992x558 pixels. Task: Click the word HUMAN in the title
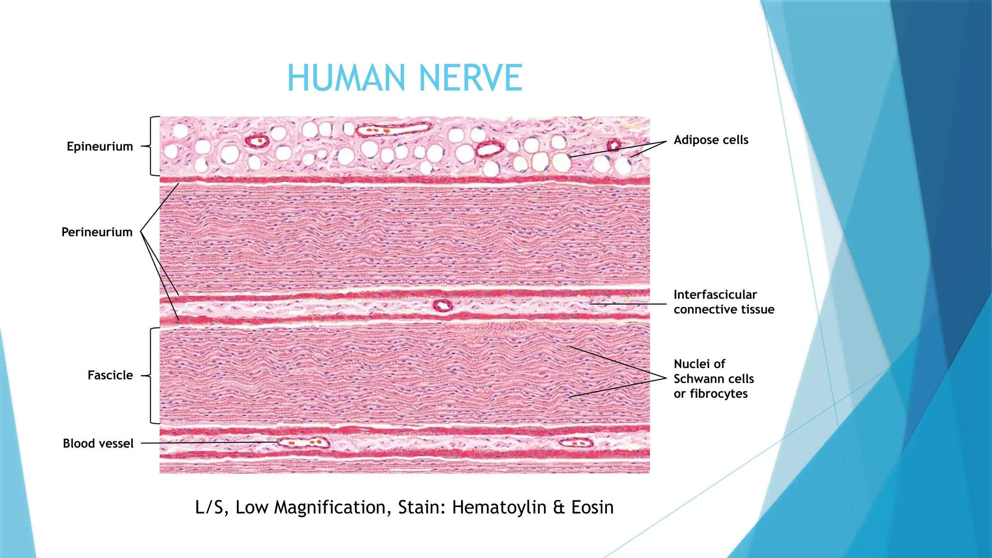[x=346, y=78]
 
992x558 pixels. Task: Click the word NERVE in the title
[x=470, y=78]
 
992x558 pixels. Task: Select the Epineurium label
[x=100, y=146]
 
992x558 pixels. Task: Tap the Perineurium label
[x=97, y=232]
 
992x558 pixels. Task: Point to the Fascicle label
[x=110, y=375]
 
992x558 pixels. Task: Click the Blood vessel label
[x=98, y=443]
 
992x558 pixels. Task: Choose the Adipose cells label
[x=711, y=140]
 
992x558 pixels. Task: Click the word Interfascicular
[x=715, y=294]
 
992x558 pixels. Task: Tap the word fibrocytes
[x=719, y=394]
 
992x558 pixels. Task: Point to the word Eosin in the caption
[x=592, y=507]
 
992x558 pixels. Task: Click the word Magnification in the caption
[x=330, y=507]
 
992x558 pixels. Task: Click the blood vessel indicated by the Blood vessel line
[x=303, y=442]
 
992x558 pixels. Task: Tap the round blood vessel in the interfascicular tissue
[x=442, y=306]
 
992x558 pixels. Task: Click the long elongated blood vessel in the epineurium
[x=394, y=130]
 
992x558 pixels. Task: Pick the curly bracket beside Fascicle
[x=152, y=375]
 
